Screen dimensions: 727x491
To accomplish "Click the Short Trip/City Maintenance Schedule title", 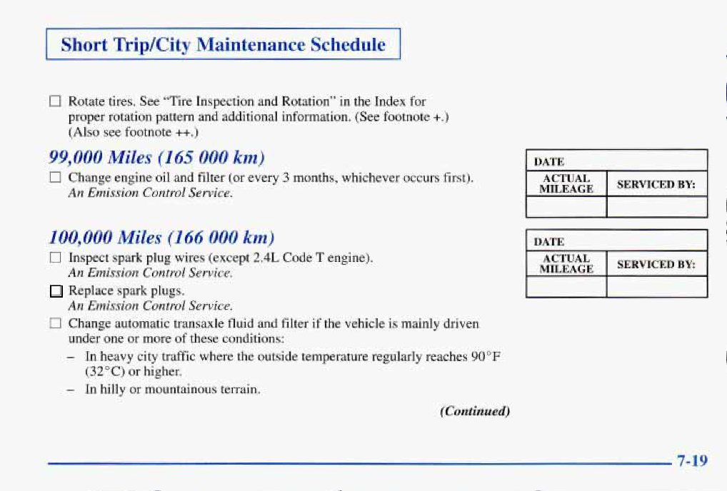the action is pos(223,45).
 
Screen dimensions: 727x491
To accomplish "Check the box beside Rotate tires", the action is pos(55,101).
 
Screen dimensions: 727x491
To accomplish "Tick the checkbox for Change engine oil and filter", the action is pos(55,178).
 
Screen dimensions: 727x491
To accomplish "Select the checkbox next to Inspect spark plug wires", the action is pos(55,257).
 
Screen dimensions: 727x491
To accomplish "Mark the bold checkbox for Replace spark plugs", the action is pos(56,291).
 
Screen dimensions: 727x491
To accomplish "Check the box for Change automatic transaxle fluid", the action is pos(55,323).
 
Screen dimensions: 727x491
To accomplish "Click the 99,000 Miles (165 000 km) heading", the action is pos(156,158).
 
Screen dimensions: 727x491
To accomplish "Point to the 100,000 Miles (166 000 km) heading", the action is pos(162,238).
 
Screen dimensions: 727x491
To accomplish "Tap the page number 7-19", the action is pos(692,460).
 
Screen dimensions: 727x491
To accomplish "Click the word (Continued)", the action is pos(475,411).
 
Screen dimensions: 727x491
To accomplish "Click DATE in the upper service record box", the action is pos(549,162).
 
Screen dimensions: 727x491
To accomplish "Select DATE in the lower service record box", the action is pos(549,242).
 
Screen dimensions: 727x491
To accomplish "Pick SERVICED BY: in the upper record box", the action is pos(656,184).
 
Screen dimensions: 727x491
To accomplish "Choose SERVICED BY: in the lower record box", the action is pos(656,265).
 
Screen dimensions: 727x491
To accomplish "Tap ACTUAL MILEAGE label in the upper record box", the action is pos(566,184).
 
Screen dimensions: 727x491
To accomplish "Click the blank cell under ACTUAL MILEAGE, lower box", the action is pos(566,287).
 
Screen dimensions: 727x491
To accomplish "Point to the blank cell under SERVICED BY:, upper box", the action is pos(657,207).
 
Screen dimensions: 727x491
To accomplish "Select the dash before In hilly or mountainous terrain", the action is pos(71,390).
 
